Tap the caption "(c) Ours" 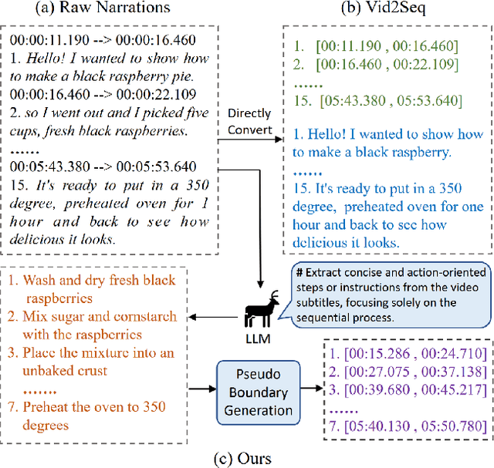[246, 458]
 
